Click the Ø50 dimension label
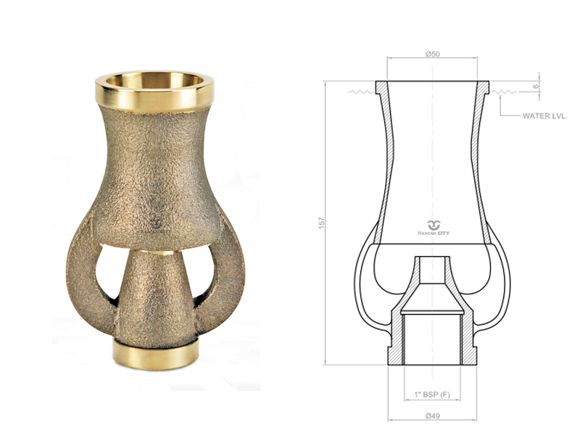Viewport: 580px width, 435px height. [x=432, y=54]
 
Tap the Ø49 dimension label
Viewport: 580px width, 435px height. [x=432, y=415]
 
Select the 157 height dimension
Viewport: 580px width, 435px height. [x=322, y=223]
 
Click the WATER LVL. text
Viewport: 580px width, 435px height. [x=544, y=116]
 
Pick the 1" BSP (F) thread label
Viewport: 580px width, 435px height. [x=432, y=394]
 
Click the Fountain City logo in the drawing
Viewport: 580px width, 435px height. [x=434, y=228]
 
